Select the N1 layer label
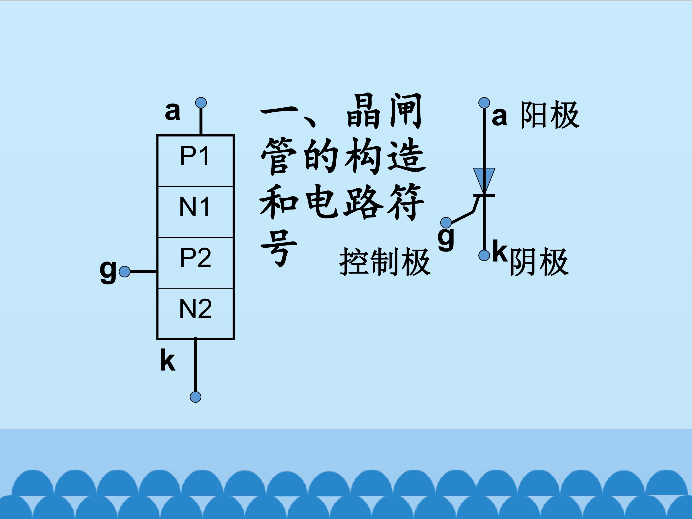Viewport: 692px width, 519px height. (x=195, y=207)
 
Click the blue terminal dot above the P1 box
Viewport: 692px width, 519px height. (x=201, y=103)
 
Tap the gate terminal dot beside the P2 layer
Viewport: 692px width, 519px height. (x=125, y=272)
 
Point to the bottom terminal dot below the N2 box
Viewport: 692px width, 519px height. (x=196, y=397)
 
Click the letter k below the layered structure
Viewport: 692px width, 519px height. (x=167, y=360)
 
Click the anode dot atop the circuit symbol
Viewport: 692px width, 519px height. (x=484, y=103)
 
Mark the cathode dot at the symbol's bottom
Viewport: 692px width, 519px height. (x=484, y=255)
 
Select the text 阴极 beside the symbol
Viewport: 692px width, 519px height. (x=539, y=262)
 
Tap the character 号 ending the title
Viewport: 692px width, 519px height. (x=278, y=249)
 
